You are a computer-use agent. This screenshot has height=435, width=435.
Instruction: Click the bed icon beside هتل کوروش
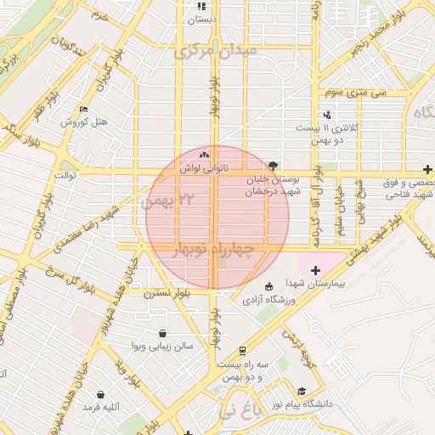tap(83, 110)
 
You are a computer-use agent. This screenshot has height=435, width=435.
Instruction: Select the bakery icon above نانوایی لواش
tap(203, 155)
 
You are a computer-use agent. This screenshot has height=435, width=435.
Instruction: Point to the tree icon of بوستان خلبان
tap(273, 167)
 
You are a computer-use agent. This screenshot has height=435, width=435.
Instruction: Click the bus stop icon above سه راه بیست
tap(242, 350)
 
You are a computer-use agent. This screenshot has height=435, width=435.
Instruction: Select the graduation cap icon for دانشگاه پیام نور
tap(302, 391)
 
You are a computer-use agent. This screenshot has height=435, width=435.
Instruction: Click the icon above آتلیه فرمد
tap(102, 395)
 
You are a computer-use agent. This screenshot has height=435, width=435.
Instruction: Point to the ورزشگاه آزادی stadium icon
tap(269, 285)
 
